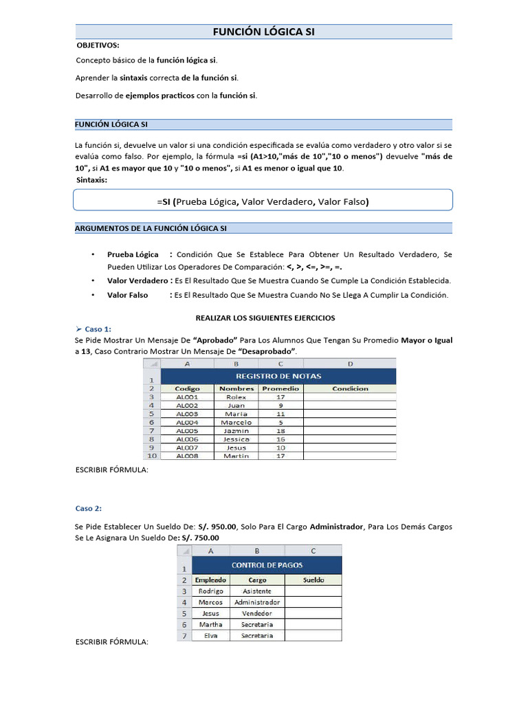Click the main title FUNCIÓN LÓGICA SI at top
click(263, 32)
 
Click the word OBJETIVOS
click(98, 45)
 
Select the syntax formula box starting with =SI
click(263, 201)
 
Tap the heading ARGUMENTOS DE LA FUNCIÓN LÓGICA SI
click(151, 228)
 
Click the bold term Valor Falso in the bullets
click(127, 295)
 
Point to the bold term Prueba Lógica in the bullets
click(133, 254)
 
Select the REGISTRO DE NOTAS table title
click(278, 376)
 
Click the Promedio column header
click(280, 388)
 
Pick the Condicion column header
click(350, 388)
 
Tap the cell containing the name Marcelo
click(236, 422)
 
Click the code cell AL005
click(187, 430)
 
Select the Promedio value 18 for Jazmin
click(280, 430)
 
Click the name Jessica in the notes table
click(236, 439)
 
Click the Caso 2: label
click(89, 509)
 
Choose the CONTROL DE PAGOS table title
click(267, 565)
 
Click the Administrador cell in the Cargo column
click(256, 602)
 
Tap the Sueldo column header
click(313, 580)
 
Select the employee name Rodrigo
click(210, 591)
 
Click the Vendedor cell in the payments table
click(256, 613)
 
